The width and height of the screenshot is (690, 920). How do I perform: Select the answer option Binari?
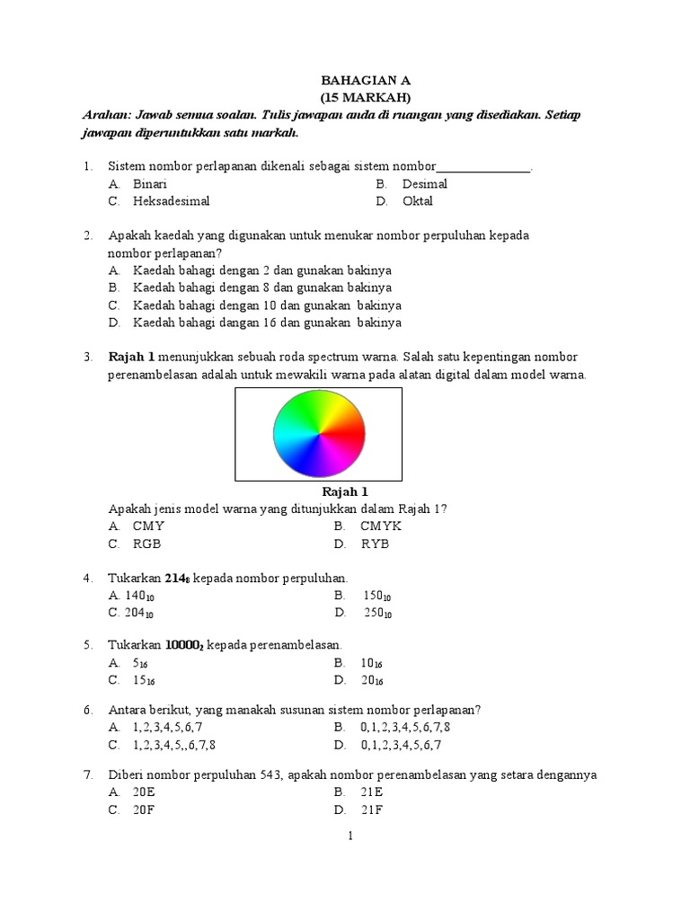coord(150,184)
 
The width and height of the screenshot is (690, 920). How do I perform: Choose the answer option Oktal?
coord(418,201)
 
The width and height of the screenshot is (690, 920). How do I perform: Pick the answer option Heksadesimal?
coord(172,201)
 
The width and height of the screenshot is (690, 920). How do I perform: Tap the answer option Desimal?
coord(424,184)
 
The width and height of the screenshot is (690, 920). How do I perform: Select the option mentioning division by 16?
coord(267,323)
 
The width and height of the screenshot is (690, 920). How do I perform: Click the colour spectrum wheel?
coord(320,435)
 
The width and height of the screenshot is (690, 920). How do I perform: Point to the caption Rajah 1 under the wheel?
coord(345,492)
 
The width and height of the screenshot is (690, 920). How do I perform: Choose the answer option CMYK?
coord(382,526)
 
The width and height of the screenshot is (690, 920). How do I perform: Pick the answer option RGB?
coord(147,544)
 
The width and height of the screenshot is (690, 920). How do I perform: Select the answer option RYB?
coord(376,544)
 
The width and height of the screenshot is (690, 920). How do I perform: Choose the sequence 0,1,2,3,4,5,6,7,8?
coord(405,727)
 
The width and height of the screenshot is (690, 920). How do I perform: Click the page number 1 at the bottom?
coord(351,836)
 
